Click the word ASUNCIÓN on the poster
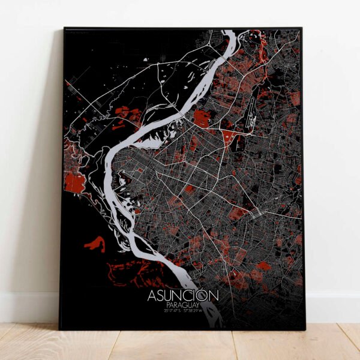(x=183, y=296)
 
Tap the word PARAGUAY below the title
(x=184, y=305)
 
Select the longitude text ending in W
(x=197, y=310)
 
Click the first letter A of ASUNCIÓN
(x=152, y=296)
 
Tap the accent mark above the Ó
(x=205, y=290)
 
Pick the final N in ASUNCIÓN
(x=214, y=296)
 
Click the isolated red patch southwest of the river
(x=95, y=244)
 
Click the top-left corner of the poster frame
(x=64, y=28)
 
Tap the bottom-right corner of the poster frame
(x=304, y=329)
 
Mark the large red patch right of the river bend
(x=201, y=118)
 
